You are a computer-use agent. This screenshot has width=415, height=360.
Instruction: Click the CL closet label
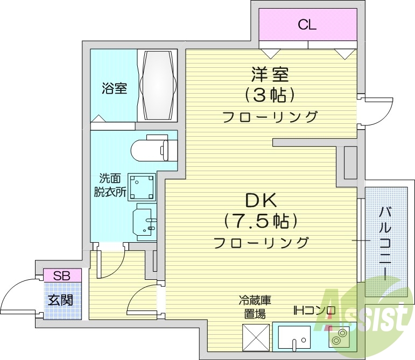point(307,24)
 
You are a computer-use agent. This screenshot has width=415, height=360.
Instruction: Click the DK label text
point(261,200)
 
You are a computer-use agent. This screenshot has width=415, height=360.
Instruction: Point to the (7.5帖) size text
point(261,221)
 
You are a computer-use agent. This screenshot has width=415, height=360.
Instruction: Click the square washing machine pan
point(142,186)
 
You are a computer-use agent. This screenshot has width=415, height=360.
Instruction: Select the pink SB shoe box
point(62,275)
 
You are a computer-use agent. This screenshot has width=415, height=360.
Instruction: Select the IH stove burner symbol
point(339,338)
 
